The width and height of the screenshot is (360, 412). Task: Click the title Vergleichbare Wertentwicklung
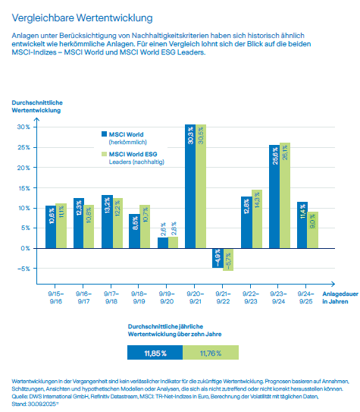click(x=81, y=16)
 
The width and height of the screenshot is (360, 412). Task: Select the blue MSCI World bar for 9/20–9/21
click(x=189, y=186)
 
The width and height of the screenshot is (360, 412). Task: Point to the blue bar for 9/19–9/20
click(x=163, y=243)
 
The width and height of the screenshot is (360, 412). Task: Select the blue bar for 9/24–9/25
click(x=302, y=225)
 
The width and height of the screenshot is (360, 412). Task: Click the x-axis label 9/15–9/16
click(x=55, y=295)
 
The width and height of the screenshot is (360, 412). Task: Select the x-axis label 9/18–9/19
click(x=139, y=295)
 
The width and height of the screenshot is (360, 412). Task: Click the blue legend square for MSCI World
click(x=104, y=112)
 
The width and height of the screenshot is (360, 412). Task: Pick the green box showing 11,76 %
click(x=210, y=331)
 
